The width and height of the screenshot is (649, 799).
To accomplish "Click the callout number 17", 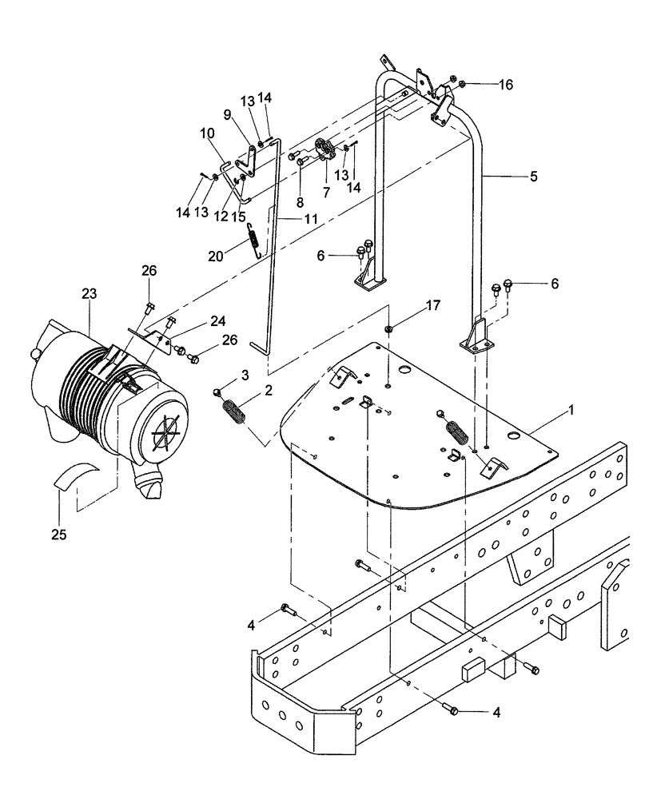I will [x=432, y=304].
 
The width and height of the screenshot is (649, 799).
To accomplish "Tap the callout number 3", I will [x=223, y=374].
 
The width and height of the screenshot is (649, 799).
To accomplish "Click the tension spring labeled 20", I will [x=253, y=238].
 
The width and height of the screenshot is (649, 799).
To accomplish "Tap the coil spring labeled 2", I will [x=235, y=415].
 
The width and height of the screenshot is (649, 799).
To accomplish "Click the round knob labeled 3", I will [x=217, y=391].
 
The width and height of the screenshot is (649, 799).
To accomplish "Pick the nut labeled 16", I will [x=453, y=81].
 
